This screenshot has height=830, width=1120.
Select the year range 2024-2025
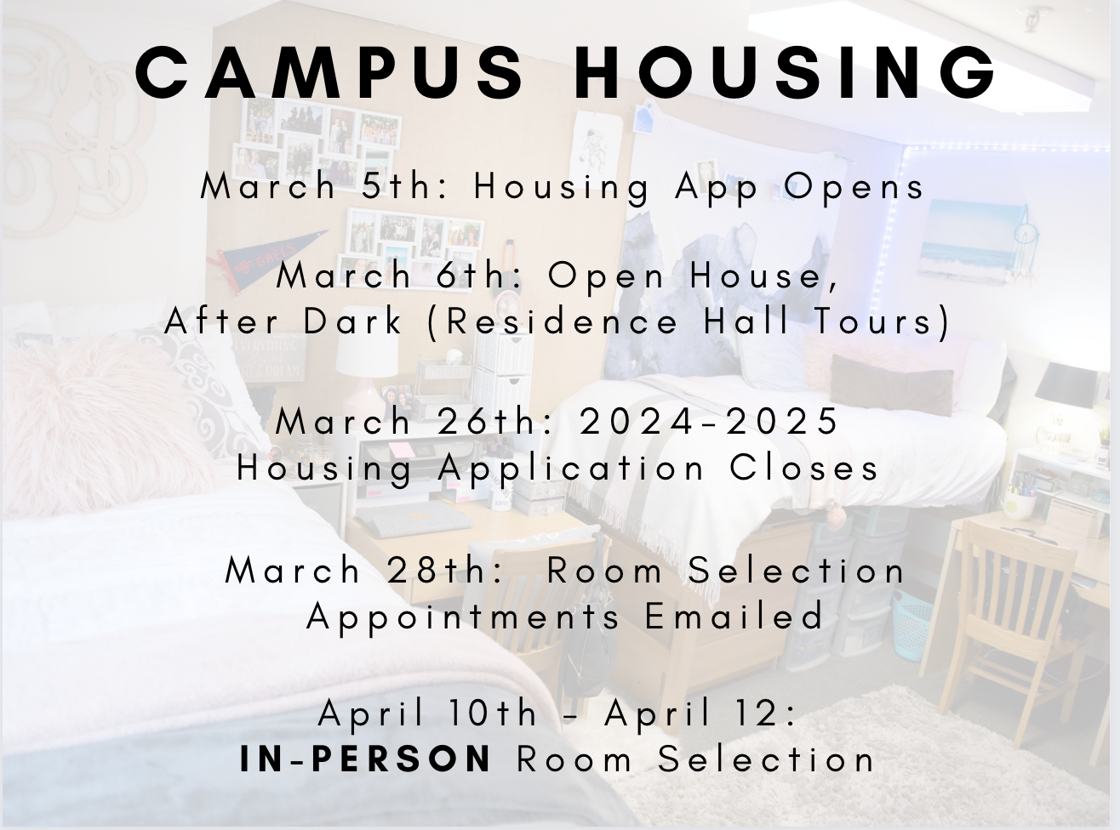point(709,422)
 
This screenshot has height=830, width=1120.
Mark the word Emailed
point(734,617)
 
